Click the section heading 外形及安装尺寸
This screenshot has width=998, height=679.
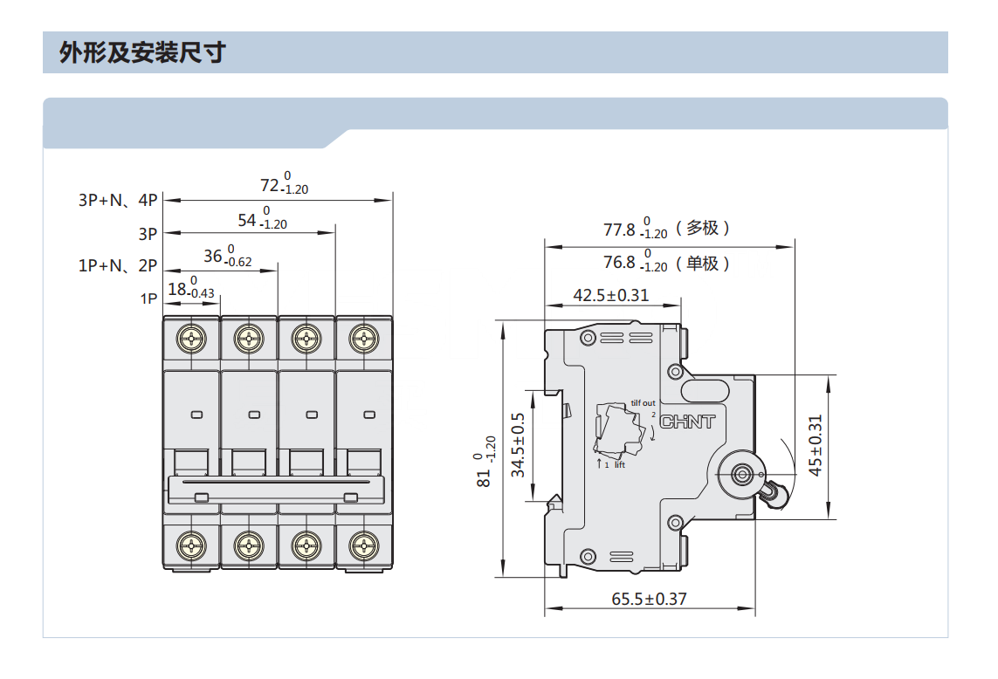pos(142,52)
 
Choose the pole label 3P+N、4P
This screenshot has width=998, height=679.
pos(118,200)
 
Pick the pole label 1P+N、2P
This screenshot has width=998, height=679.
pos(118,265)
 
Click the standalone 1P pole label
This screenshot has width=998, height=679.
pos(149,298)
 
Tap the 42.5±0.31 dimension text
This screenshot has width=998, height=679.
pos(611,295)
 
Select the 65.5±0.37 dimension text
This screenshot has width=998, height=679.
pos(650,599)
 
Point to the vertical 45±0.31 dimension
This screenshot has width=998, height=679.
pos(816,445)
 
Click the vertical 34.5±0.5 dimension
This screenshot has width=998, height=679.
pos(518,445)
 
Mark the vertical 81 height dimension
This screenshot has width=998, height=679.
pos(485,462)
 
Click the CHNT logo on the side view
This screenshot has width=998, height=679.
pos(687,422)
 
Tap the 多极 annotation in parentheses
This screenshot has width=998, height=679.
pos(703,228)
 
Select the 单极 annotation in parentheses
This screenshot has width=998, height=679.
pos(703,263)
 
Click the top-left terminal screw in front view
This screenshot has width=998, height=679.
pos(191,339)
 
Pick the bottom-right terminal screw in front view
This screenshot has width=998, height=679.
pos(364,546)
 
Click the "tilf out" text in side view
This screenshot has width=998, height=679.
pos(643,403)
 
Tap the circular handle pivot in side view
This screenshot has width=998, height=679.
pos(742,475)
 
